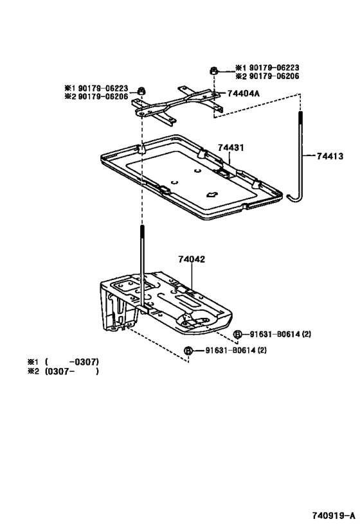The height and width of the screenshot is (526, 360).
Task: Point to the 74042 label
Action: click(191, 260)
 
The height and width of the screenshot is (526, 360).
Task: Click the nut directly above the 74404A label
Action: click(213, 71)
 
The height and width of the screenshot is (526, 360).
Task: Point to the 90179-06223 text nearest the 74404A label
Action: click(266, 67)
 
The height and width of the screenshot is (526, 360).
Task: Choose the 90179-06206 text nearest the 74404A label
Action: click(266, 76)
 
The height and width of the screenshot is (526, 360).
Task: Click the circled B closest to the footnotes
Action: click(188, 351)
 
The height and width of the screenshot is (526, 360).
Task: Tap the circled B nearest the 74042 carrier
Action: click(237, 334)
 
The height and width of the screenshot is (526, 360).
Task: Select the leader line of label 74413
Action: click(309, 155)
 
